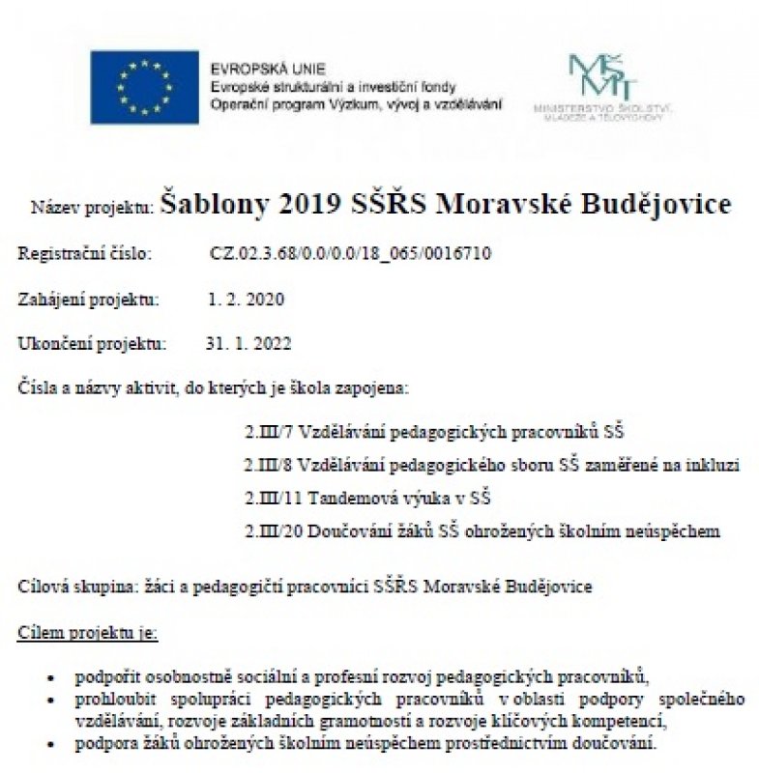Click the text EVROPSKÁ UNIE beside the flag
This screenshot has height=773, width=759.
click(254, 69)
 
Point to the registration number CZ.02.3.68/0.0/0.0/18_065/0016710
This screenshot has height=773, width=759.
click(351, 255)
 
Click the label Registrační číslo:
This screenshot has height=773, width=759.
click(83, 255)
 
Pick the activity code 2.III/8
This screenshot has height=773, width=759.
click(267, 466)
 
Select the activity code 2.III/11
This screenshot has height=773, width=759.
click(271, 499)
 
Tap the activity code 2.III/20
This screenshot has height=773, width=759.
click(271, 531)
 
